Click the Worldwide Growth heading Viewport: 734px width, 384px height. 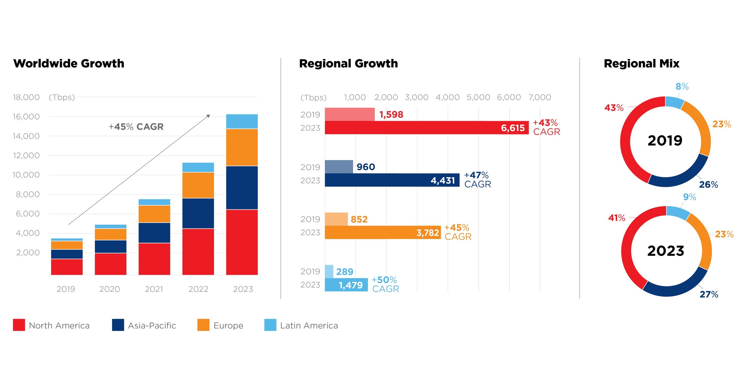(69, 64)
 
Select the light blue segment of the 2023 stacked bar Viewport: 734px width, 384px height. (242, 122)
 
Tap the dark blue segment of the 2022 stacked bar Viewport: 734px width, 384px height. (198, 213)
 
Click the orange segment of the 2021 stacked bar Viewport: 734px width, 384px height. (154, 214)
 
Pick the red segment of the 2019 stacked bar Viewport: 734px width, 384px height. (67, 267)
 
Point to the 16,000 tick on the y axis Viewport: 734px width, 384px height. (26, 117)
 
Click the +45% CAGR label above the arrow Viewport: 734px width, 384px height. (136, 127)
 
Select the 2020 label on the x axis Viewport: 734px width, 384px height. (109, 289)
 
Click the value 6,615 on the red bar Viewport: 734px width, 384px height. (513, 128)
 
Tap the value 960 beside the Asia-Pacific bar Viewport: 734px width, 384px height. (366, 167)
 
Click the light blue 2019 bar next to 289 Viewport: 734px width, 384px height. (329, 272)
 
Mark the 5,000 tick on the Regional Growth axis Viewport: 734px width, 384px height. (478, 97)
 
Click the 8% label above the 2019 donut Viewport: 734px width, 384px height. (682, 87)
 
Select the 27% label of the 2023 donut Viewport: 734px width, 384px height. (709, 294)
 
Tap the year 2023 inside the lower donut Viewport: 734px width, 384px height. (665, 251)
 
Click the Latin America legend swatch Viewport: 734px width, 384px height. (270, 325)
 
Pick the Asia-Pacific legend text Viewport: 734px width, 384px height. (152, 326)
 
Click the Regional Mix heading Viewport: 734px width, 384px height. (641, 64)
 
